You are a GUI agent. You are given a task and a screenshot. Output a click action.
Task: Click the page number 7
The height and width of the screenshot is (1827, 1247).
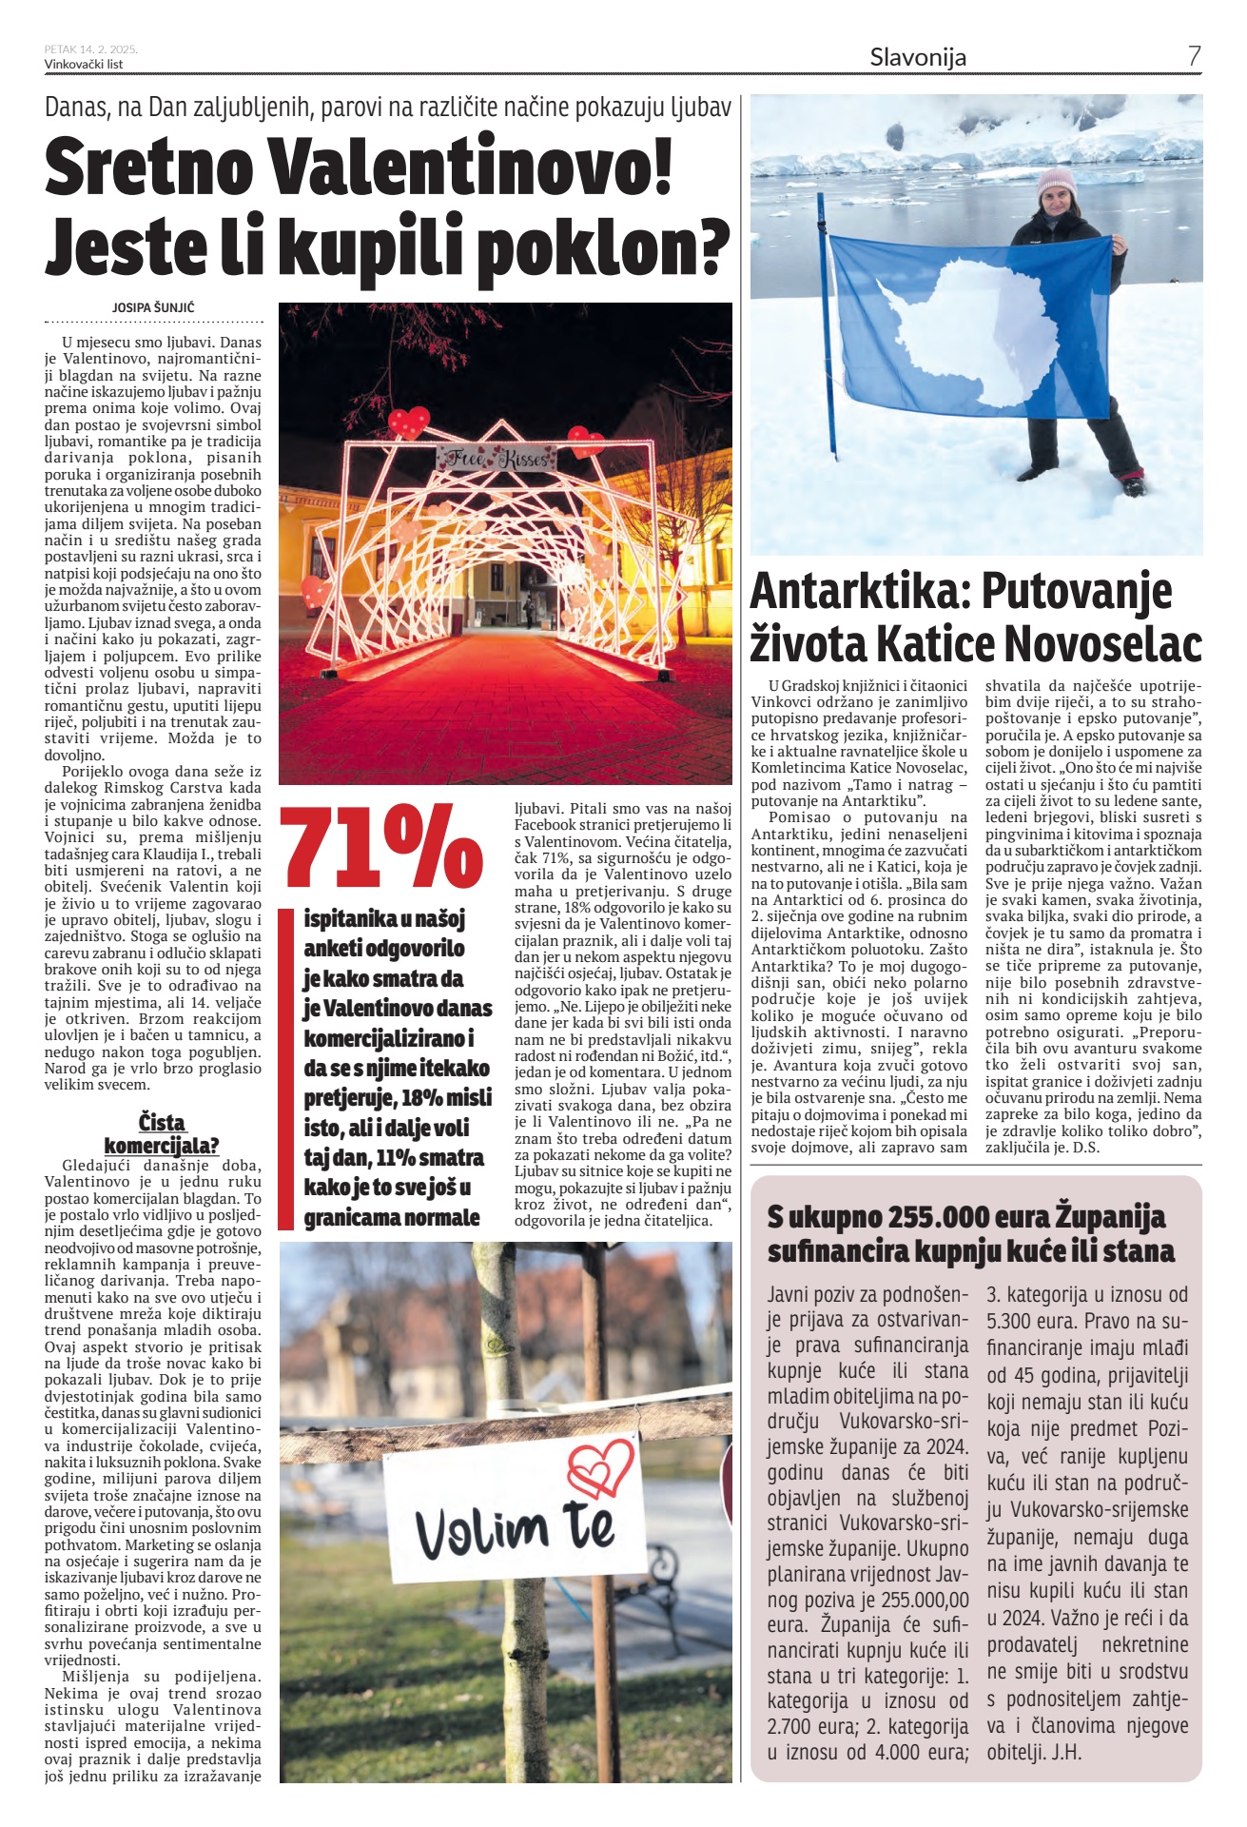[1194, 56]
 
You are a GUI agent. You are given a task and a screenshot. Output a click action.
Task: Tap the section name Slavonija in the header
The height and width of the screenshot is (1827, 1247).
[918, 57]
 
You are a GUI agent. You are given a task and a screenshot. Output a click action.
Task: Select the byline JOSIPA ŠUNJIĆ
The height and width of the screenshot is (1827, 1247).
[153, 307]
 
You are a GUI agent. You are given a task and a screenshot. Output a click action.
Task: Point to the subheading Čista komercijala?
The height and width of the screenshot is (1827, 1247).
[162, 1133]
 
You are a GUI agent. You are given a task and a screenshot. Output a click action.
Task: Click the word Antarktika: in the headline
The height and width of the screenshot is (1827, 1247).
[857, 592]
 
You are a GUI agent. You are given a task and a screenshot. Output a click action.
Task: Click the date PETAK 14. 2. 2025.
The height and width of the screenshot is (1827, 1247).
[91, 49]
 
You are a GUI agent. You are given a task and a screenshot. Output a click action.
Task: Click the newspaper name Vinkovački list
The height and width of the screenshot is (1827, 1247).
[84, 65]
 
